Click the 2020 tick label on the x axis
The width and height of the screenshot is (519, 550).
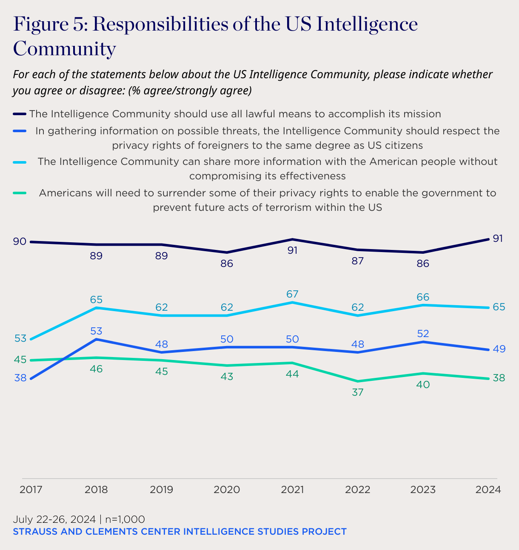coord(227,490)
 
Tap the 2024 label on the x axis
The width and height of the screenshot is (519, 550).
coord(488,490)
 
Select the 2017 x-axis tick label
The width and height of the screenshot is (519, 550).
coord(31,490)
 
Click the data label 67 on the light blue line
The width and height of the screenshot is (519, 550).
coord(292,294)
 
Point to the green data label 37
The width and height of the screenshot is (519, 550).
coord(358,392)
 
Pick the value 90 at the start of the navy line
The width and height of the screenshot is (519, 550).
coord(20,241)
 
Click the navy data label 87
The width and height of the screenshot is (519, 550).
coord(358,261)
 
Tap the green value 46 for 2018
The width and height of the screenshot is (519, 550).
coord(96,369)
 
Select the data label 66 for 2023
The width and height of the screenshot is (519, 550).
coord(423,297)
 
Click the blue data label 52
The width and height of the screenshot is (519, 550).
coord(423,334)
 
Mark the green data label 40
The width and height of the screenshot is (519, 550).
coord(423,385)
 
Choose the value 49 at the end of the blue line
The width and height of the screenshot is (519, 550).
coord(499,349)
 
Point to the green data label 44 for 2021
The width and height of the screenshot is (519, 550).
coord(292,374)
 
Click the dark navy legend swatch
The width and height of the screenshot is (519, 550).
coord(20,114)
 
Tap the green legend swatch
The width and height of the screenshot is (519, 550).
coord(20,193)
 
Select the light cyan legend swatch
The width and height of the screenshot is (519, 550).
coord(20,162)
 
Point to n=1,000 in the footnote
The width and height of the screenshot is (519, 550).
coord(125,519)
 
